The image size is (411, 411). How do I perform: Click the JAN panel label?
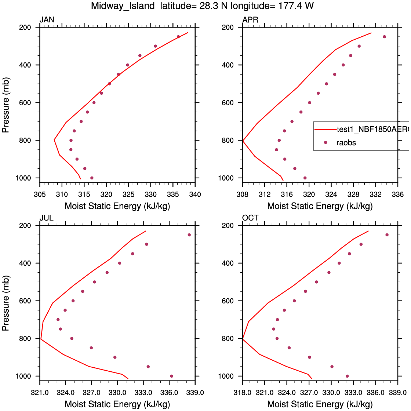tap(47, 20)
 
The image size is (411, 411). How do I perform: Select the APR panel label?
tap(250, 20)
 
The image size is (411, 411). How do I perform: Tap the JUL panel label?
tap(47, 218)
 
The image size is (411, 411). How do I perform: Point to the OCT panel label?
tap(250, 218)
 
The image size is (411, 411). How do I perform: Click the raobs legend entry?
tap(346, 143)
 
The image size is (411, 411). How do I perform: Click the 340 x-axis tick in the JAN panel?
tap(196, 194)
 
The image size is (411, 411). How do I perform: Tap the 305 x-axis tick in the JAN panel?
tap(40, 194)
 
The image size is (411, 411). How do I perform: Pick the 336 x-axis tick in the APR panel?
tap(398, 194)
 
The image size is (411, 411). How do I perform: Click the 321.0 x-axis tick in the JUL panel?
tap(40, 392)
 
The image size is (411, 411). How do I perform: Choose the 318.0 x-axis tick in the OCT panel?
tap(243, 392)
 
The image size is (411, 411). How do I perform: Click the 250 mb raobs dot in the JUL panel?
tap(189, 235)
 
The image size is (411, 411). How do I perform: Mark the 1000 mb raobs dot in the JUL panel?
tap(171, 376)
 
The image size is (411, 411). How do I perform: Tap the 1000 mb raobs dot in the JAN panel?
tap(92, 178)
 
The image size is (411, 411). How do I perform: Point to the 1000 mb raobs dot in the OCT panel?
tap(347, 376)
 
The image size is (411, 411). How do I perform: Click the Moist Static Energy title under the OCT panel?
tap(320, 404)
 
